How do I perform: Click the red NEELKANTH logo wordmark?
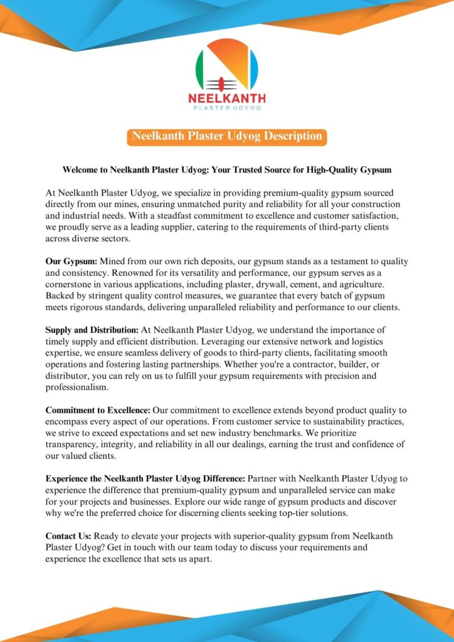[x=227, y=98]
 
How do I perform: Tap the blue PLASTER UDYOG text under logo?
[x=227, y=108]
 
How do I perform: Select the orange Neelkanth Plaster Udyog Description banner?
[x=226, y=137]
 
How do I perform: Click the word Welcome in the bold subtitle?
[x=85, y=170]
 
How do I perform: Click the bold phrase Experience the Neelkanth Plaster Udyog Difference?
[x=146, y=478]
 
